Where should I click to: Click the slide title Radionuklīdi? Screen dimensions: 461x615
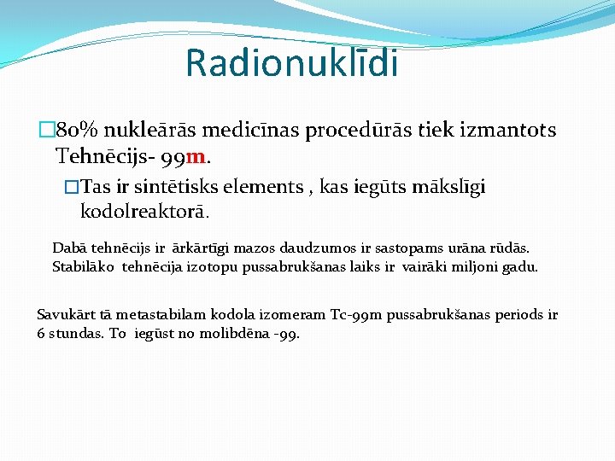tap(291, 62)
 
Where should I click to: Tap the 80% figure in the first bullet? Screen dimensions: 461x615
tap(79, 131)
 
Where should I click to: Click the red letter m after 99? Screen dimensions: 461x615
tap(195, 156)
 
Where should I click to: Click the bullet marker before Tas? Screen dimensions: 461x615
tap(72, 187)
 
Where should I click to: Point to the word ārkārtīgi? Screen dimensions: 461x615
tap(203, 248)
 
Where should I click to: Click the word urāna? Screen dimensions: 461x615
tap(458, 248)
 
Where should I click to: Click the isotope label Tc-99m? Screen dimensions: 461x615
tap(356, 315)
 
